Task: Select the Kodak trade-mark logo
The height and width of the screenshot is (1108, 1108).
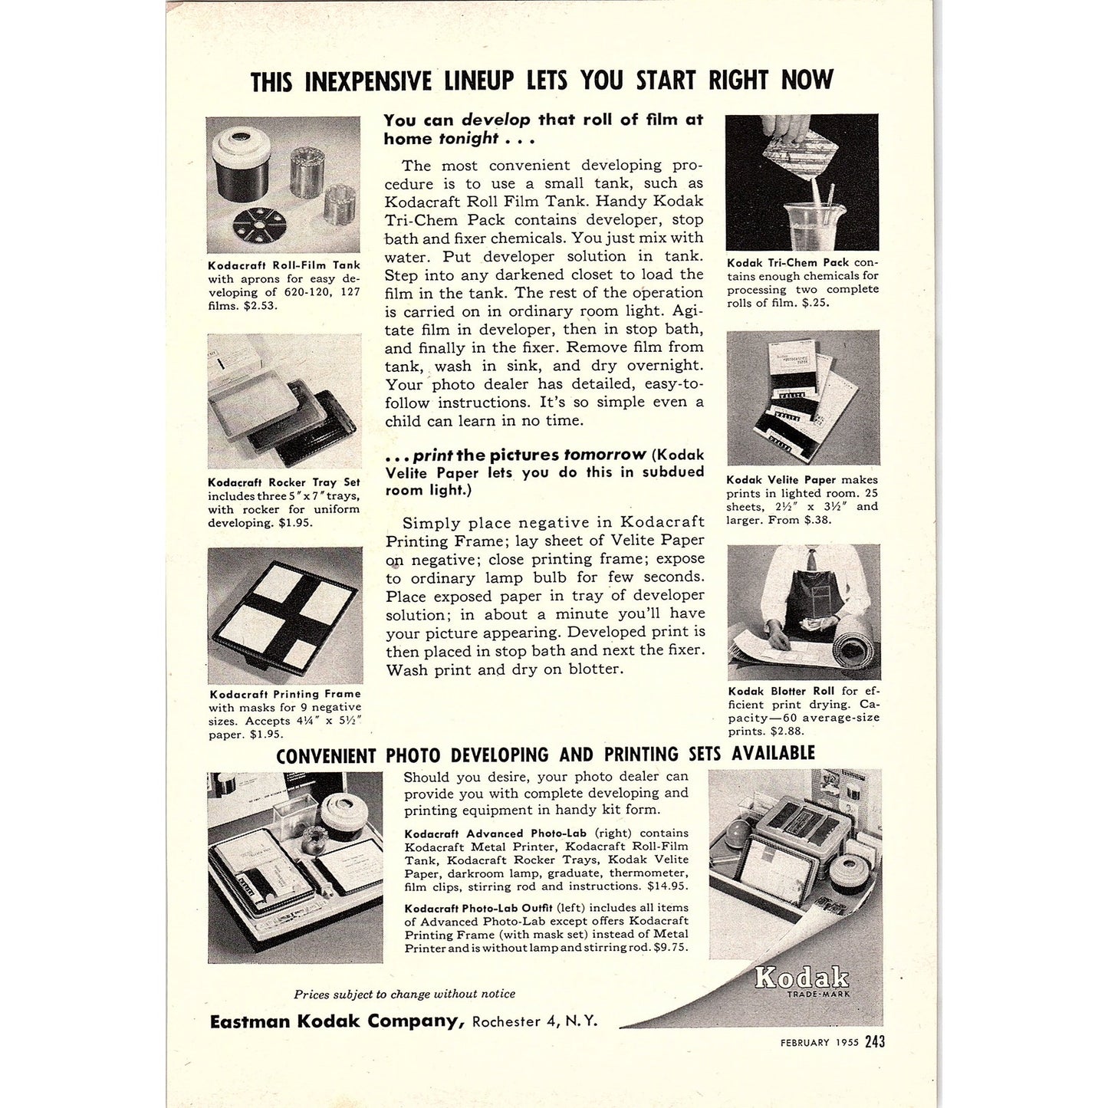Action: pyautogui.click(x=802, y=978)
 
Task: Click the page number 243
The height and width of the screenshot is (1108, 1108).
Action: pyautogui.click(x=875, y=1041)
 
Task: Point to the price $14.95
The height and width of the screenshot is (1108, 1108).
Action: pyautogui.click(x=670, y=887)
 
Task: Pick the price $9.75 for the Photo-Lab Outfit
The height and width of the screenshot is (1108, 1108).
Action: pyautogui.click(x=671, y=948)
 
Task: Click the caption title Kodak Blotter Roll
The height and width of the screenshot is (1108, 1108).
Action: pyautogui.click(x=781, y=691)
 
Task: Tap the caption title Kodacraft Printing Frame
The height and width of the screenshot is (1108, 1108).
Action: pyautogui.click(x=284, y=694)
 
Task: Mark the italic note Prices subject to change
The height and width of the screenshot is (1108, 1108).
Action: pyautogui.click(x=404, y=995)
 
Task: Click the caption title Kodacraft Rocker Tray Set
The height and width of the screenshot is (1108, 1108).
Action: pyautogui.click(x=284, y=482)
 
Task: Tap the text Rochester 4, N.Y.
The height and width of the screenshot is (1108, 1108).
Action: pyautogui.click(x=534, y=1022)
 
